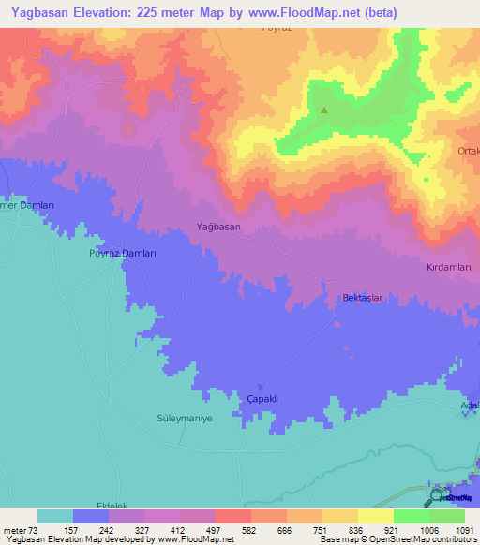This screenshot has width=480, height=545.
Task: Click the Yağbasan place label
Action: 218,227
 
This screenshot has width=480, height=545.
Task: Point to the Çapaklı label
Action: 262,399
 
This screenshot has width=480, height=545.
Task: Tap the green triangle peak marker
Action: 324,111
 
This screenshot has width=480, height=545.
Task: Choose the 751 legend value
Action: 322,529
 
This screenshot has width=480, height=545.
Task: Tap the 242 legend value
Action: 108,529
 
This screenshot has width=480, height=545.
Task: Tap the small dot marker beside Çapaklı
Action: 261,387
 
